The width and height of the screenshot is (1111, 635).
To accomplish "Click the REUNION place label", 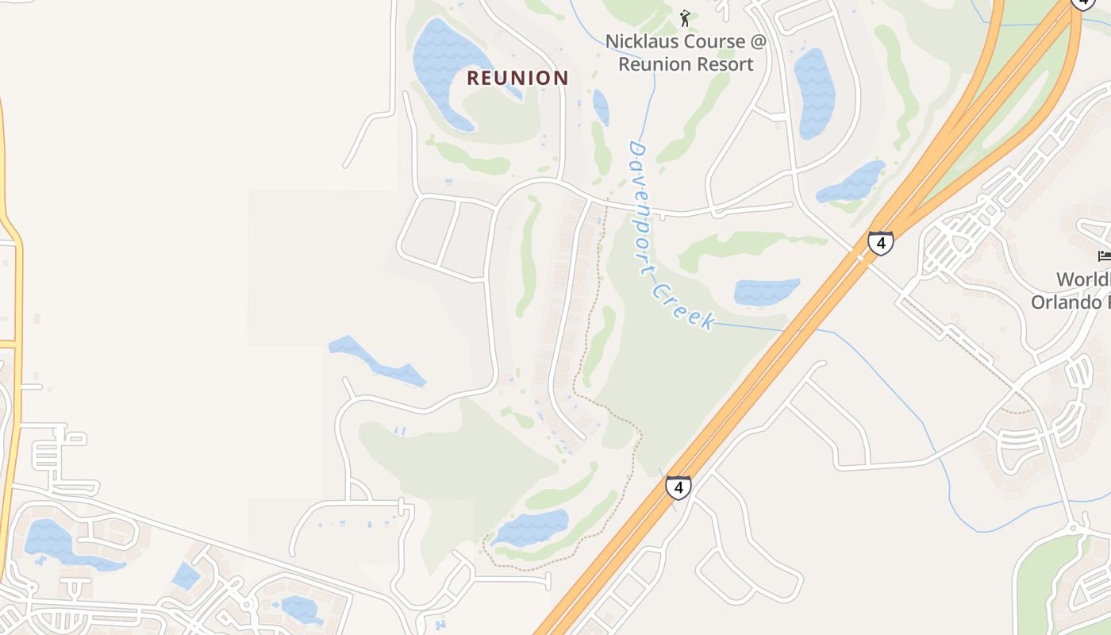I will coord(517,78).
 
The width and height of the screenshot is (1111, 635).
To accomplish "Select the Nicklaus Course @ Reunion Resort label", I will coord(686,52).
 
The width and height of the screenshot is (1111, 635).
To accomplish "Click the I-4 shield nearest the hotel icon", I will coord(880,242).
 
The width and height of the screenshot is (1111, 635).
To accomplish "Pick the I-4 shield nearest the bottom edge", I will coord(678,487).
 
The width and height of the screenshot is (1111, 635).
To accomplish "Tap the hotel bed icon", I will coord(1104,256).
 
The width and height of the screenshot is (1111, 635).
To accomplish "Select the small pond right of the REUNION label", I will coord(601,106).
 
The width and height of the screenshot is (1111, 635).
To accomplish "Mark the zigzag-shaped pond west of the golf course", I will coord(377,361).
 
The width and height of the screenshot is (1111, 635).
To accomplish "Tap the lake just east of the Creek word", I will coord(766,291).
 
